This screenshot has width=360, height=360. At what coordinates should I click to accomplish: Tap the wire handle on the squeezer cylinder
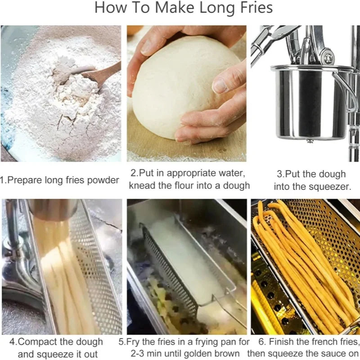click(349, 90)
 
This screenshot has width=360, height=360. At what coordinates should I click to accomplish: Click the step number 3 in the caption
click(279, 175)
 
